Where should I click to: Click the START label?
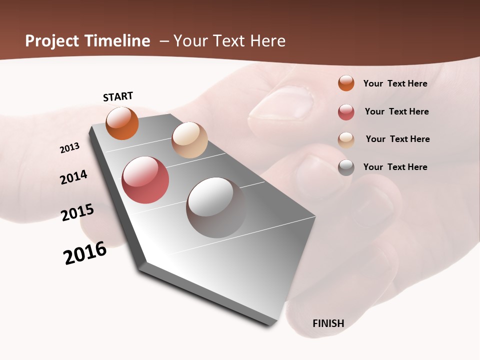click(118, 96)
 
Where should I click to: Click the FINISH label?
click(328, 323)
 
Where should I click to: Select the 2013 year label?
click(69, 148)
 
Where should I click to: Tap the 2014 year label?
click(73, 177)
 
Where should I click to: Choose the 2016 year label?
click(85, 253)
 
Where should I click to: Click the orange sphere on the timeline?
click(122, 123)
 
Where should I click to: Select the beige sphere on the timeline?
click(189, 140)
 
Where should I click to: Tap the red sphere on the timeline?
click(145, 180)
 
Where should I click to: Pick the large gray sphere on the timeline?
click(216, 207)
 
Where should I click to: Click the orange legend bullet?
click(346, 83)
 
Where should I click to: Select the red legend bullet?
click(346, 112)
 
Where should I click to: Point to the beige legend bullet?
click(346, 140)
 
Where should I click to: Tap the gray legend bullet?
click(346, 167)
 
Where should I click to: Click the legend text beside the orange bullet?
click(395, 83)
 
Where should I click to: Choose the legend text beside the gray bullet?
click(395, 167)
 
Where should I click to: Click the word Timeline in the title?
click(117, 41)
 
